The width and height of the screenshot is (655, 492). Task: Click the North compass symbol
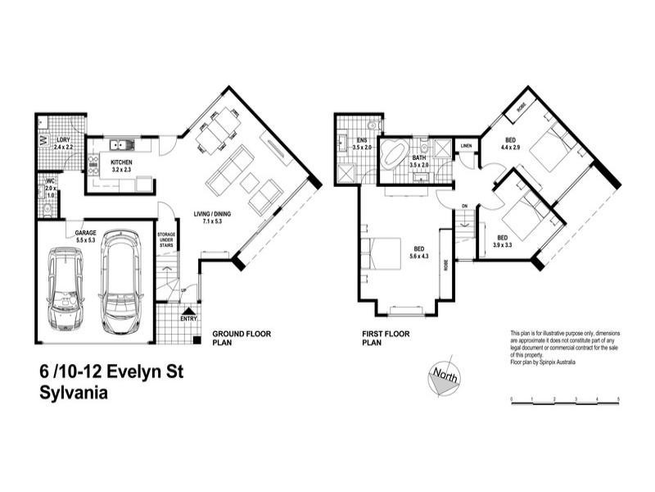coord(442,377)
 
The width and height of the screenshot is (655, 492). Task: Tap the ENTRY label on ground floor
coord(188,319)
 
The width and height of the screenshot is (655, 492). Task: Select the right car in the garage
coord(120,286)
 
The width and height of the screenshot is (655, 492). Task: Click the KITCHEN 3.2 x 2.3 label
coord(120,166)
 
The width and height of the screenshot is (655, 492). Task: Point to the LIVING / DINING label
coord(212,216)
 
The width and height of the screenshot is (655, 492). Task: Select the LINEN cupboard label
coord(467,146)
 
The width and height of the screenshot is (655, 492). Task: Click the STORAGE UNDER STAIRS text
coord(166,239)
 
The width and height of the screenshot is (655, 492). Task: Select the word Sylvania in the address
coord(73,392)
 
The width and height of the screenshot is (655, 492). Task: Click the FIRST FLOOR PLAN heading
coord(385,339)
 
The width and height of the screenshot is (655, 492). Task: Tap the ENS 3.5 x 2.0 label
coord(361,143)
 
